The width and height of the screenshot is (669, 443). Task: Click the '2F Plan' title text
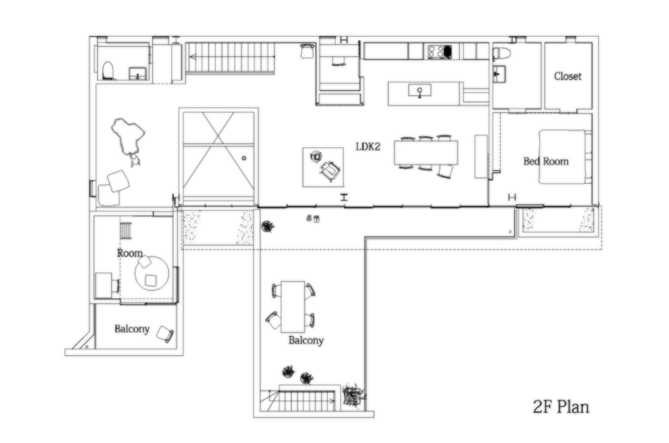click(x=561, y=407)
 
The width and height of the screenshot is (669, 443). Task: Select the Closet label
click(x=568, y=76)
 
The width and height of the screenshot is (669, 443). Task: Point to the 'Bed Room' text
click(x=545, y=160)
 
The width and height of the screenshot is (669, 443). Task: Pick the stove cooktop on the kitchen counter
click(x=439, y=52)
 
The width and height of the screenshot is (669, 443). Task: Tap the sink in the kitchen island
click(x=416, y=91)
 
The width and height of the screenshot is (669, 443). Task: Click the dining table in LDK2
click(x=426, y=153)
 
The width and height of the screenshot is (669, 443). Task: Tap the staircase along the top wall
click(x=232, y=58)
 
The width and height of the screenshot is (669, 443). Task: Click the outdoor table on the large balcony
click(x=291, y=306)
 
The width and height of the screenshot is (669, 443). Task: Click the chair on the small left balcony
click(x=165, y=334)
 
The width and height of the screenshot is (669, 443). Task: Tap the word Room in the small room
click(x=130, y=252)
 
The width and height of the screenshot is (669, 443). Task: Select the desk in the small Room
click(x=104, y=285)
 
